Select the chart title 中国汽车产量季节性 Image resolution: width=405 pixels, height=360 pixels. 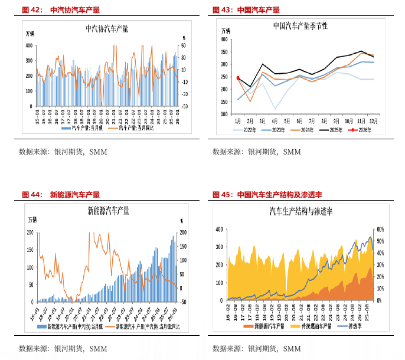[300, 27]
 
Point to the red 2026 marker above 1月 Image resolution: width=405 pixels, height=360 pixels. [238, 78]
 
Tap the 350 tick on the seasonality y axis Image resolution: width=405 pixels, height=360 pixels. [224, 52]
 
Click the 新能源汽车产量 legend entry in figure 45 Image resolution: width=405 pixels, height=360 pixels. [265, 325]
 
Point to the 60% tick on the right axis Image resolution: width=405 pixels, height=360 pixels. [381, 229]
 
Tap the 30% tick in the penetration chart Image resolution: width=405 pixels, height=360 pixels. [381, 264]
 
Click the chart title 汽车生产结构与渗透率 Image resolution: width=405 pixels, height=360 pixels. [301, 210]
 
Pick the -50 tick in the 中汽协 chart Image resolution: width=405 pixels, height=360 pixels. [184, 106]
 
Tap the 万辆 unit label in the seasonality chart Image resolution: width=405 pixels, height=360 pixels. [226, 31]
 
